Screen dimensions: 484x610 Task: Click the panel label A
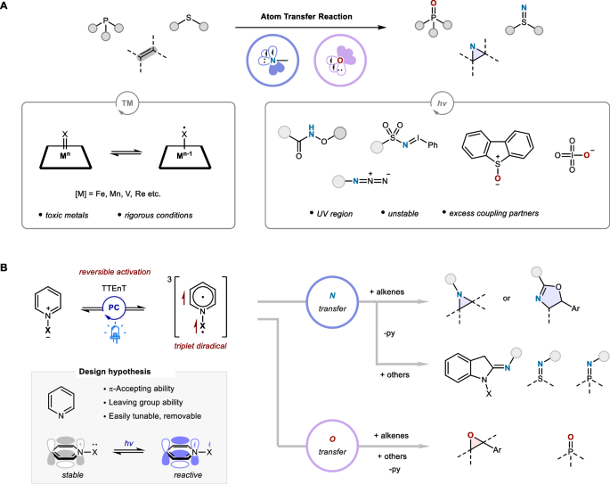click(x=7, y=7)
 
